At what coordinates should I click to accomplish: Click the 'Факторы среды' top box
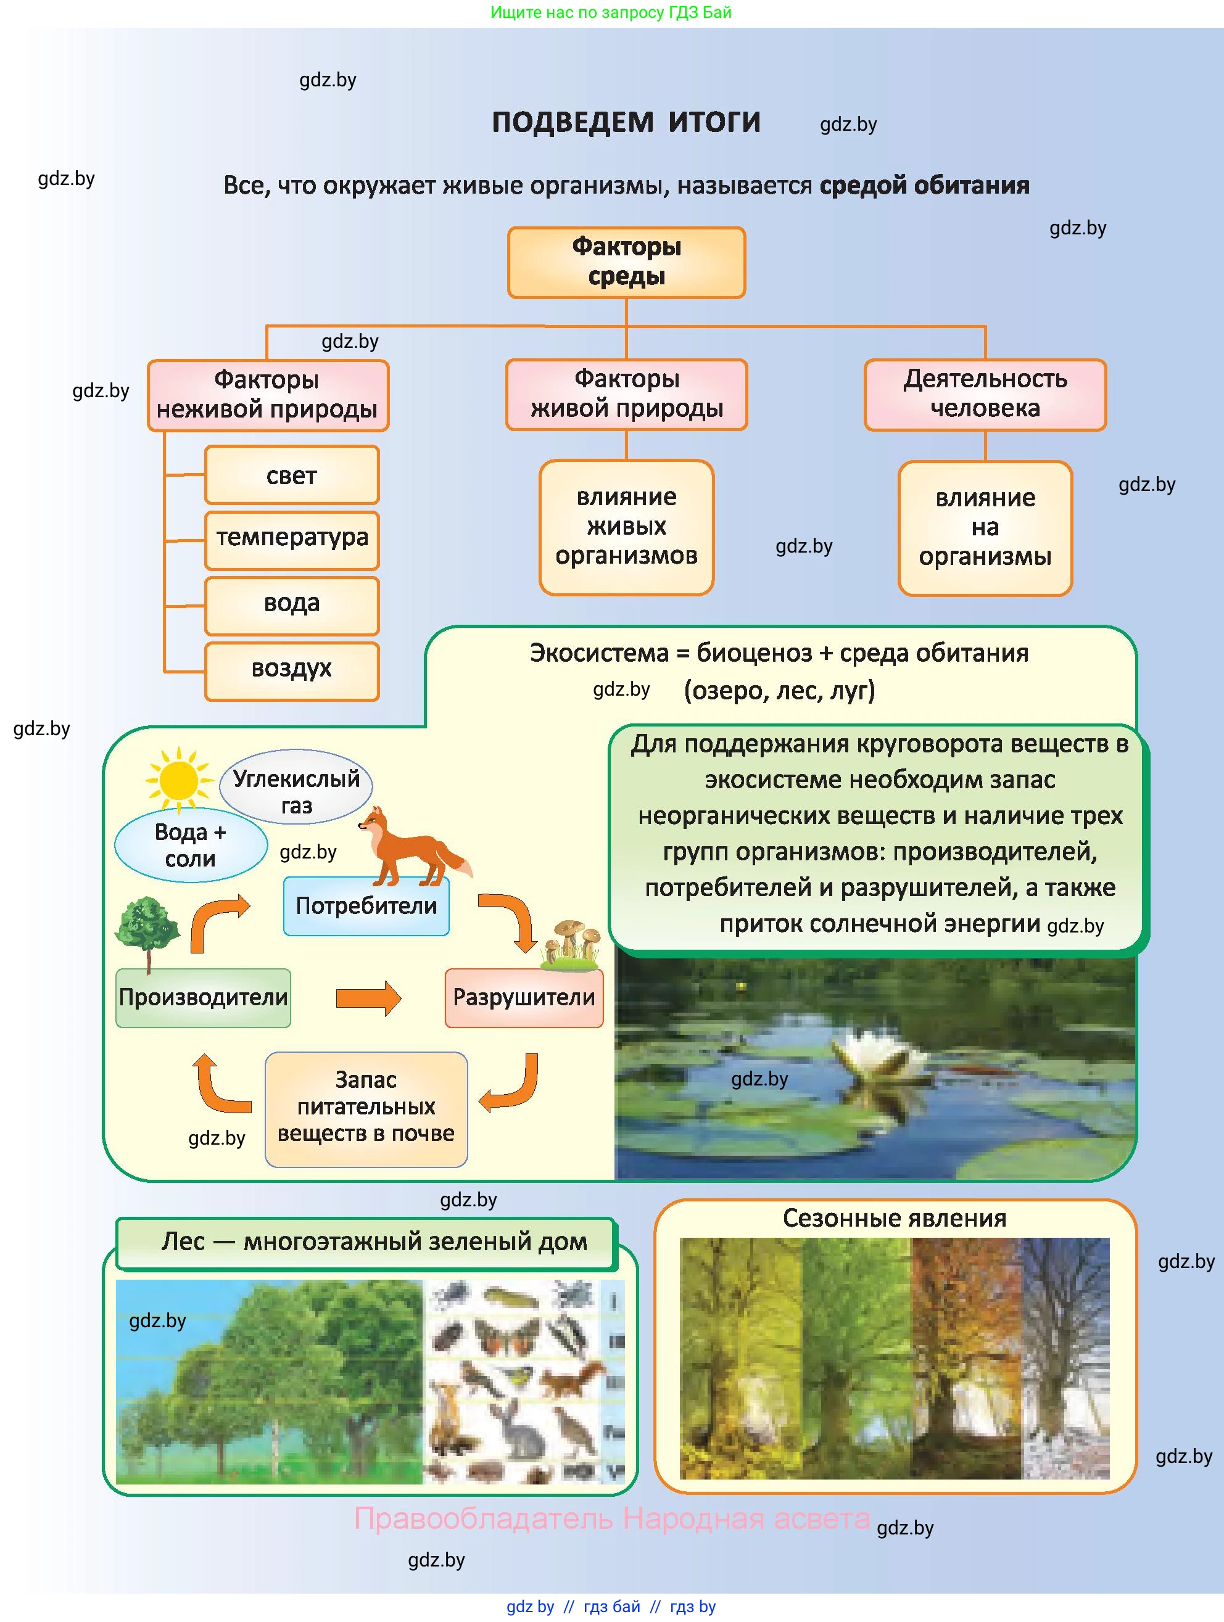click(626, 261)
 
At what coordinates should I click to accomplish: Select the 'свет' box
click(292, 475)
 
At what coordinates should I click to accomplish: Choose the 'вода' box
click(292, 604)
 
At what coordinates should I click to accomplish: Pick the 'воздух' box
click(292, 670)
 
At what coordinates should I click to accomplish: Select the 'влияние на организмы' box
click(985, 527)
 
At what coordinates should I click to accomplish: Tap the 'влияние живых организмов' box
click(626, 527)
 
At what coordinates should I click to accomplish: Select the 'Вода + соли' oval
click(191, 845)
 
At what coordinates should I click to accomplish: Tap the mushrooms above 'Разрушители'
click(572, 942)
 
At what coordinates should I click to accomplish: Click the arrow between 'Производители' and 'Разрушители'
click(368, 998)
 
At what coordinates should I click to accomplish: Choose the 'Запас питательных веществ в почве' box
click(366, 1108)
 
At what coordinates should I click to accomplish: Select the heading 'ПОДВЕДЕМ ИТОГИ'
click(626, 123)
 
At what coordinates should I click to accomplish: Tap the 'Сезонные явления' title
click(894, 1218)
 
